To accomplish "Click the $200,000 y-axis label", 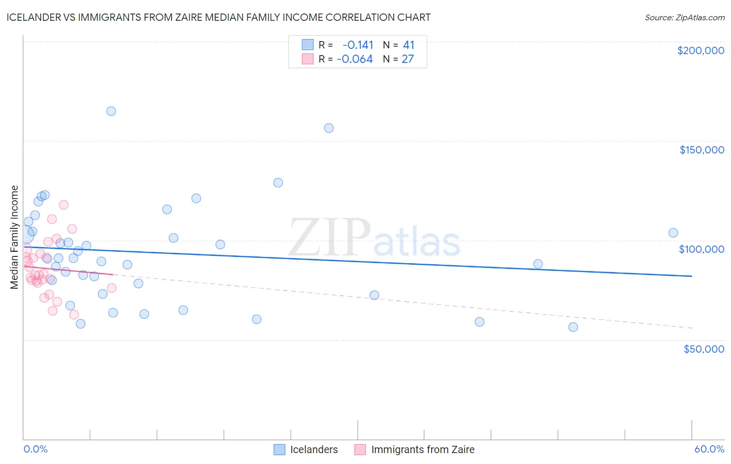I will pos(700,50).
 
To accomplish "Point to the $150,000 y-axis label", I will pos(701,150).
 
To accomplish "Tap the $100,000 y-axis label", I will pos(701,249).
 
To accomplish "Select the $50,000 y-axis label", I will pos(703,349).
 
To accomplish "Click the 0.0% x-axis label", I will pos(35,449).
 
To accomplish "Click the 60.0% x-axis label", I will pos(709,449).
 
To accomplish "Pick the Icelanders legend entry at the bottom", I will pos(306,449).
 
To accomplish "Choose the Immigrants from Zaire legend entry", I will pos(414,449).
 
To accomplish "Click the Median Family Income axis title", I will pos(15,237).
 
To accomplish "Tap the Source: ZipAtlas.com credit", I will pos(684,17).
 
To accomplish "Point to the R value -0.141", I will pos(358,45).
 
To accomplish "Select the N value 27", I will pos(408,59).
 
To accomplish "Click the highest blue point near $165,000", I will pos(111,111).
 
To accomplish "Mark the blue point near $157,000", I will pos(329,128).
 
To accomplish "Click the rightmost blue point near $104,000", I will pos(673,233).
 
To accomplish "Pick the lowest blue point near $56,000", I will pos(573,327).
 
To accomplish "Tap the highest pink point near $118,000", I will pos(63,205).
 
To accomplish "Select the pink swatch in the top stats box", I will pos(308,59).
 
